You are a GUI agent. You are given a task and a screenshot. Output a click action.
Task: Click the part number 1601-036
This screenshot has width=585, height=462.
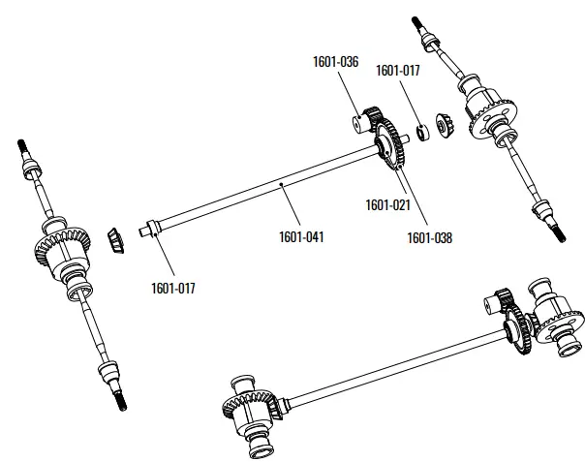tap(336, 61)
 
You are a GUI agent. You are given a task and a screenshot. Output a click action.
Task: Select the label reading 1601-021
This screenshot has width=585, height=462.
tap(387, 204)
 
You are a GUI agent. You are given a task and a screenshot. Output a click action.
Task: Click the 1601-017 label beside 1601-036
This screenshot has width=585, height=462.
tap(398, 70)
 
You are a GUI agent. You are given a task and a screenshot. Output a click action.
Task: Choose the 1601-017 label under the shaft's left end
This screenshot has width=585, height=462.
tap(173, 286)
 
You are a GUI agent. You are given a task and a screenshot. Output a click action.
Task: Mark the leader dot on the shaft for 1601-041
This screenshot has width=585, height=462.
tap(281, 181)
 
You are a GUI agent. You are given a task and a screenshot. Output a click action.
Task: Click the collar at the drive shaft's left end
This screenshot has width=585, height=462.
tap(150, 231)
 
